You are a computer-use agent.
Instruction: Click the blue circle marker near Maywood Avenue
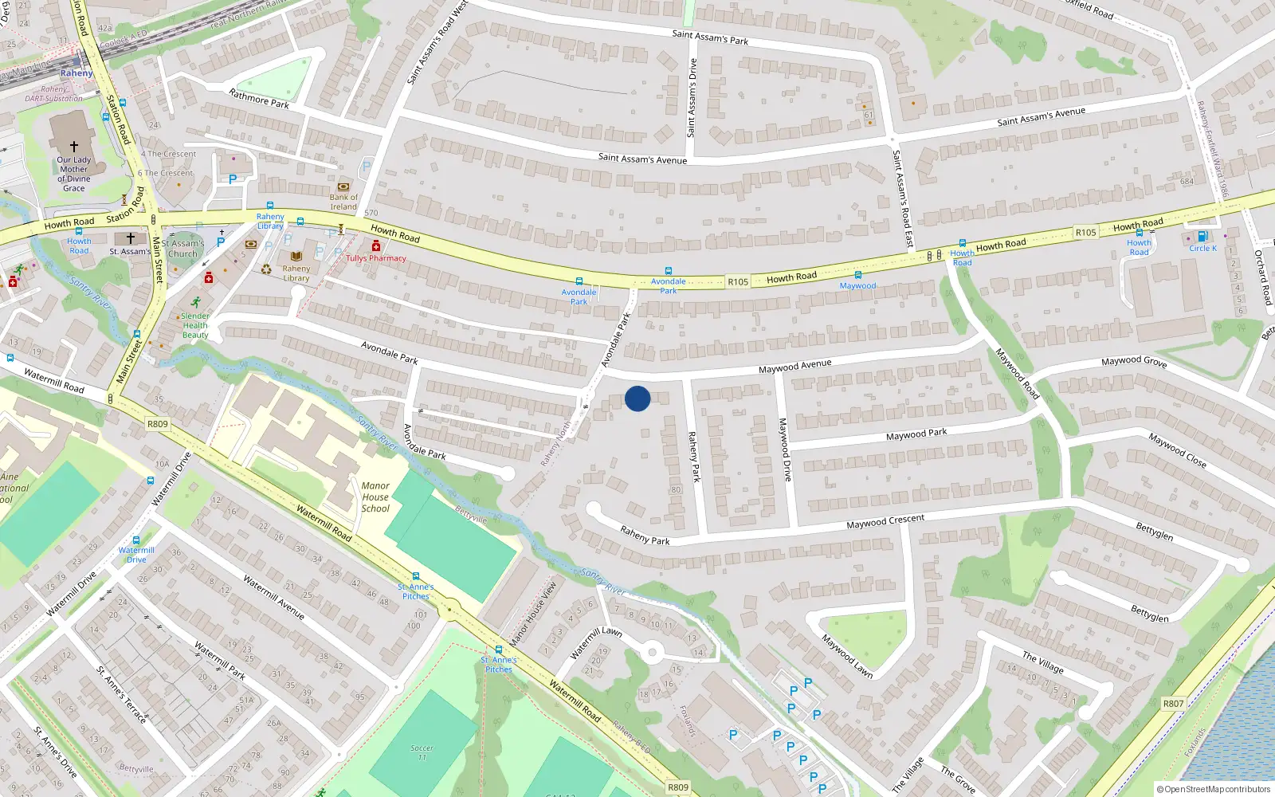(x=637, y=398)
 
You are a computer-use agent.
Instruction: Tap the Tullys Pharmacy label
(x=376, y=258)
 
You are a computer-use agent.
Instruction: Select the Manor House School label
(x=375, y=497)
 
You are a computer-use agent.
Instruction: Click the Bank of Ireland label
(x=343, y=202)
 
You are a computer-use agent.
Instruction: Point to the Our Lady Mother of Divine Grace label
(x=73, y=174)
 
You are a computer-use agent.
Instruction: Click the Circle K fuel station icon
(x=1202, y=237)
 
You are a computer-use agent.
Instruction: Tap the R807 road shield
(x=1173, y=703)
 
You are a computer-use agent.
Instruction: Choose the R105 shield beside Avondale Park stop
(x=738, y=281)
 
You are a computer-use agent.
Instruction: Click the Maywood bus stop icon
(x=857, y=275)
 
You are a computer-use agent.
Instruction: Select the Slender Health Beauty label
(x=195, y=325)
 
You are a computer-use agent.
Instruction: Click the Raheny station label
(x=76, y=73)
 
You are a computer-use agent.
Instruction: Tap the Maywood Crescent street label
(x=885, y=521)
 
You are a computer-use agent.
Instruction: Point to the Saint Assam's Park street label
(x=710, y=37)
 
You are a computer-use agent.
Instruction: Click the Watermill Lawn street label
(x=596, y=642)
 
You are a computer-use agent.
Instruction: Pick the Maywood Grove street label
(x=1134, y=361)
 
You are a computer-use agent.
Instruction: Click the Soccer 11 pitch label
(x=422, y=752)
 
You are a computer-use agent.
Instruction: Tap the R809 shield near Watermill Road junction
(x=158, y=424)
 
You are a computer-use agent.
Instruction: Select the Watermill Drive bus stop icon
(x=136, y=540)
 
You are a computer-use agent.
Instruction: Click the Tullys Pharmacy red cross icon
(x=376, y=246)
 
